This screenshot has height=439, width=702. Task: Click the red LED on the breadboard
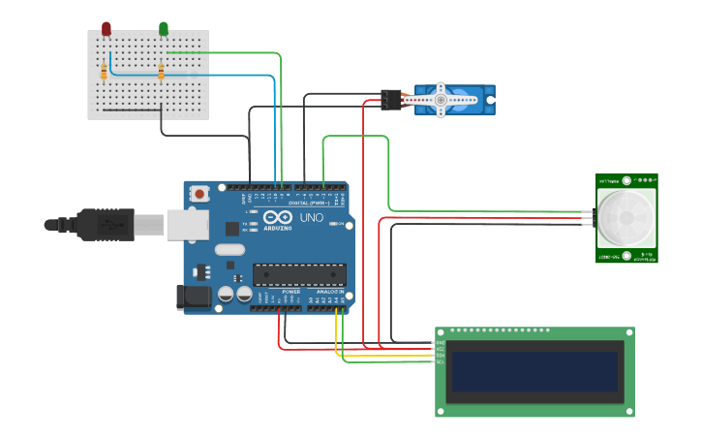[x=106, y=29]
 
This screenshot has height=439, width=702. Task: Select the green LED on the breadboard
[x=163, y=29]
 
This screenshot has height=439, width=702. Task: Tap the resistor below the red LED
[x=104, y=71]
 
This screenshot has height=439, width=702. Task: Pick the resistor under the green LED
[x=161, y=71]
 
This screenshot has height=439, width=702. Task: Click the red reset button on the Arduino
[x=199, y=194]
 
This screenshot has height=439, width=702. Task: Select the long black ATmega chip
[x=299, y=275]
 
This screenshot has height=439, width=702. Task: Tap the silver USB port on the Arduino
[x=187, y=225]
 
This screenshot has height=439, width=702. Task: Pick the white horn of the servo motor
[x=441, y=100]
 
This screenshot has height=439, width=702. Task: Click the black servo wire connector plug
[x=391, y=99]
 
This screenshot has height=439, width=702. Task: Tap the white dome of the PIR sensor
[x=625, y=216]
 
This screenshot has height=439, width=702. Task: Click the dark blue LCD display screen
[x=534, y=371]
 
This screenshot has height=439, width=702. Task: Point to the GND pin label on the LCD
[x=440, y=342]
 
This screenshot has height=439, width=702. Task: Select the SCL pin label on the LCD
[x=440, y=362]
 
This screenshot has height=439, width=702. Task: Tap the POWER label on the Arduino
[x=290, y=291]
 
